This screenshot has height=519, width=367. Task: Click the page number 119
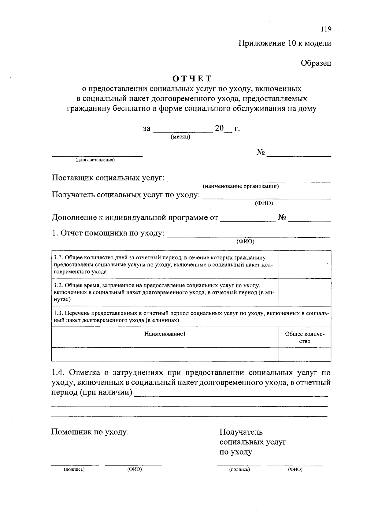(326, 29)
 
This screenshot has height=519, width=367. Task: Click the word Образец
(316, 63)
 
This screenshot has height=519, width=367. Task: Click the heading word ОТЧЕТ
(192, 79)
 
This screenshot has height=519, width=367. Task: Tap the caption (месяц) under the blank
(180, 137)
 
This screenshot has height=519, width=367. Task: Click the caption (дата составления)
(95, 160)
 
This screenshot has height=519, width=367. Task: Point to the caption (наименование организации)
(240, 186)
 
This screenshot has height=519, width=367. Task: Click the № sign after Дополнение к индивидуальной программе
(282, 217)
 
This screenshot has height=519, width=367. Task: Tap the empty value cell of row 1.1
(305, 265)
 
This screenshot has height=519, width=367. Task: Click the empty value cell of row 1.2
(305, 292)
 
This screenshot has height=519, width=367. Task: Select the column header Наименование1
(165, 334)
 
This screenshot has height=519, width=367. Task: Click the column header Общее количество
(305, 338)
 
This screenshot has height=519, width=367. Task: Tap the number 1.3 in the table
(58, 313)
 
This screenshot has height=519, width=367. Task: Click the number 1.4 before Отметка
(58, 373)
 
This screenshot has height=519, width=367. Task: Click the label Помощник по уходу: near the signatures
(90, 432)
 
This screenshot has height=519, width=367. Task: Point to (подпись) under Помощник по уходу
(74, 469)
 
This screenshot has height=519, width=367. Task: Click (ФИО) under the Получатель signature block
(295, 469)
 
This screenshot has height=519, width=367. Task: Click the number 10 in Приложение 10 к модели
(291, 43)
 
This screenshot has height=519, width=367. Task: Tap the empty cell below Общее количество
(305, 354)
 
